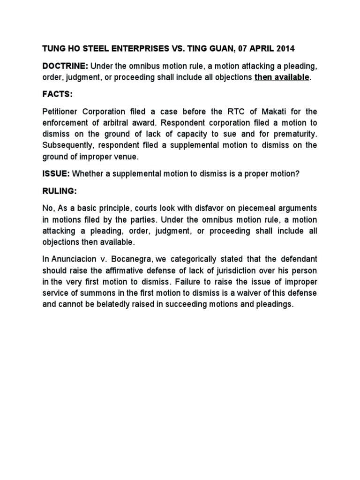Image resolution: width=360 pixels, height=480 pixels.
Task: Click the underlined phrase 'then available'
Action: [282, 77]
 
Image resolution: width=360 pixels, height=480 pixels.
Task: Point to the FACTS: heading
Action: [58, 94]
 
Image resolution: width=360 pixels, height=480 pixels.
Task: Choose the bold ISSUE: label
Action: [56, 174]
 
